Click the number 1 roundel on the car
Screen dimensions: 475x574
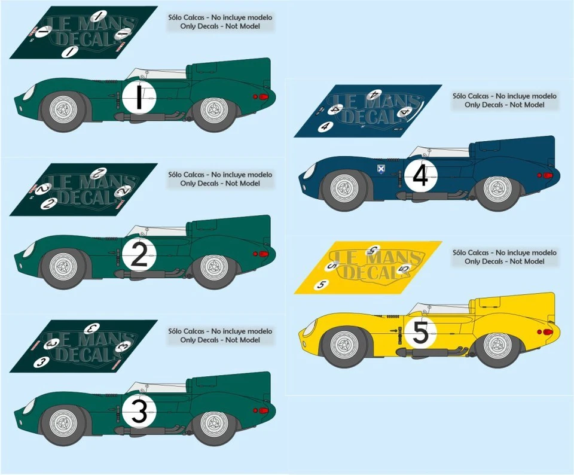click(139, 98)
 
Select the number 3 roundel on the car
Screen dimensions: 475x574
click(139, 412)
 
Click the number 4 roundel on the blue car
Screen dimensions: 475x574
click(420, 176)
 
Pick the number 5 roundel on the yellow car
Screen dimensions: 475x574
click(420, 334)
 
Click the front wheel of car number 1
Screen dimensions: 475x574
click(63, 111)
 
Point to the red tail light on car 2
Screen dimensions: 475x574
click(261, 254)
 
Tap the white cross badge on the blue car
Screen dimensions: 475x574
click(380, 169)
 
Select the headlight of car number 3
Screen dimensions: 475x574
click(28, 407)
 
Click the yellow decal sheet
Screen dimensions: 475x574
click(368, 267)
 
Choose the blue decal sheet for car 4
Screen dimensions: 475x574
click(368, 111)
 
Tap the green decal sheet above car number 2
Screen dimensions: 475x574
click(84, 189)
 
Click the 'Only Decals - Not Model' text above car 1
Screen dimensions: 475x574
click(220, 27)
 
